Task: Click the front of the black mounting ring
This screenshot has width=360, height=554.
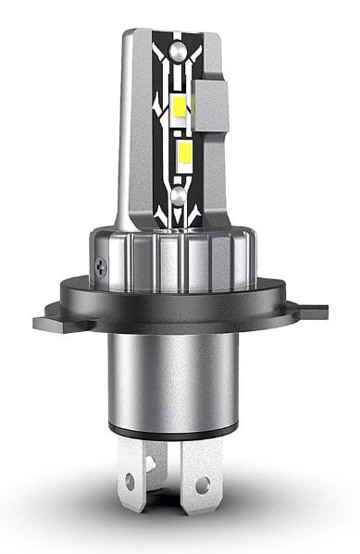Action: (176, 314)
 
